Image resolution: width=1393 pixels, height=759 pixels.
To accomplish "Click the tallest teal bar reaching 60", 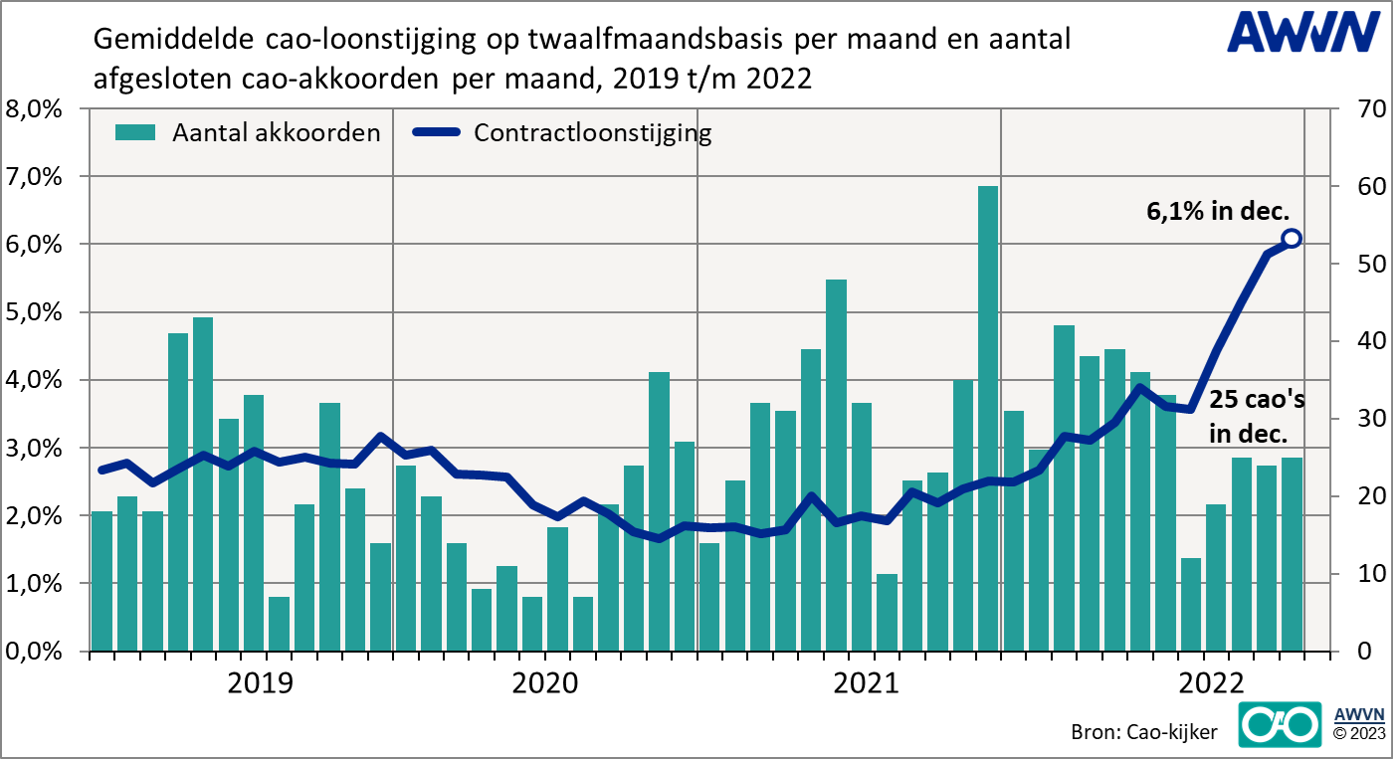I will pyautogui.click(x=988, y=418).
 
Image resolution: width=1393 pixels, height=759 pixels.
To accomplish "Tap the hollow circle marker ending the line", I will pyautogui.click(x=1292, y=239).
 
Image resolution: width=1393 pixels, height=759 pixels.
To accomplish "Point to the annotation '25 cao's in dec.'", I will pyautogui.click(x=1257, y=417).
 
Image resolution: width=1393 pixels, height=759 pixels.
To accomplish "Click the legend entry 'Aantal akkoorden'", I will pyautogui.click(x=248, y=133).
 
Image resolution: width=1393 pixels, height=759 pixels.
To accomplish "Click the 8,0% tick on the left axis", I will pyautogui.click(x=36, y=108).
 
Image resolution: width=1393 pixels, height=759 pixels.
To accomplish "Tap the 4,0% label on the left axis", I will pyautogui.click(x=36, y=380).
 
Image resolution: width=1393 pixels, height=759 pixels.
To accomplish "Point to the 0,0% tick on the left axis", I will pyautogui.click(x=36, y=652).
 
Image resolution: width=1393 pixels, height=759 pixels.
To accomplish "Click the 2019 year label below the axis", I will pyautogui.click(x=261, y=684).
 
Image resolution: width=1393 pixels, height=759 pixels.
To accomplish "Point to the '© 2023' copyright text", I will pyautogui.click(x=1357, y=734).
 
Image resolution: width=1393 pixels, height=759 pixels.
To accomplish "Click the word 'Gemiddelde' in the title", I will pyautogui.click(x=175, y=40).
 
